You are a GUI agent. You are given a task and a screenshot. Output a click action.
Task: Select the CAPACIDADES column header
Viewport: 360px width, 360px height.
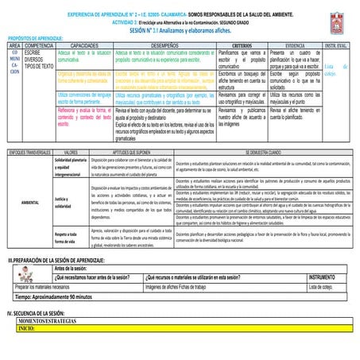pyautogui.click(x=84, y=46)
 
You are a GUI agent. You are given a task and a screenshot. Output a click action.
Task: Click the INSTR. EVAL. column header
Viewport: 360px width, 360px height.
pyautogui.click(x=336, y=46)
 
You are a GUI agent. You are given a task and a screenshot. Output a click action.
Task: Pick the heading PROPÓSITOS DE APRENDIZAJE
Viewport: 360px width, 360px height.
pyautogui.click(x=36, y=37)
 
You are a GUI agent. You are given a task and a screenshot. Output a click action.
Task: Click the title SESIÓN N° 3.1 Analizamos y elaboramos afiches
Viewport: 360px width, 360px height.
pyautogui.click(x=173, y=29)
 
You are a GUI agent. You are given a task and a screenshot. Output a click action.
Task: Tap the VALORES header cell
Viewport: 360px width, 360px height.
pyautogui.click(x=70, y=150)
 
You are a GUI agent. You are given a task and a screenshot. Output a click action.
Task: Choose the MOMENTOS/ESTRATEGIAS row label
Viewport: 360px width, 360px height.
pyautogui.click(x=48, y=320)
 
